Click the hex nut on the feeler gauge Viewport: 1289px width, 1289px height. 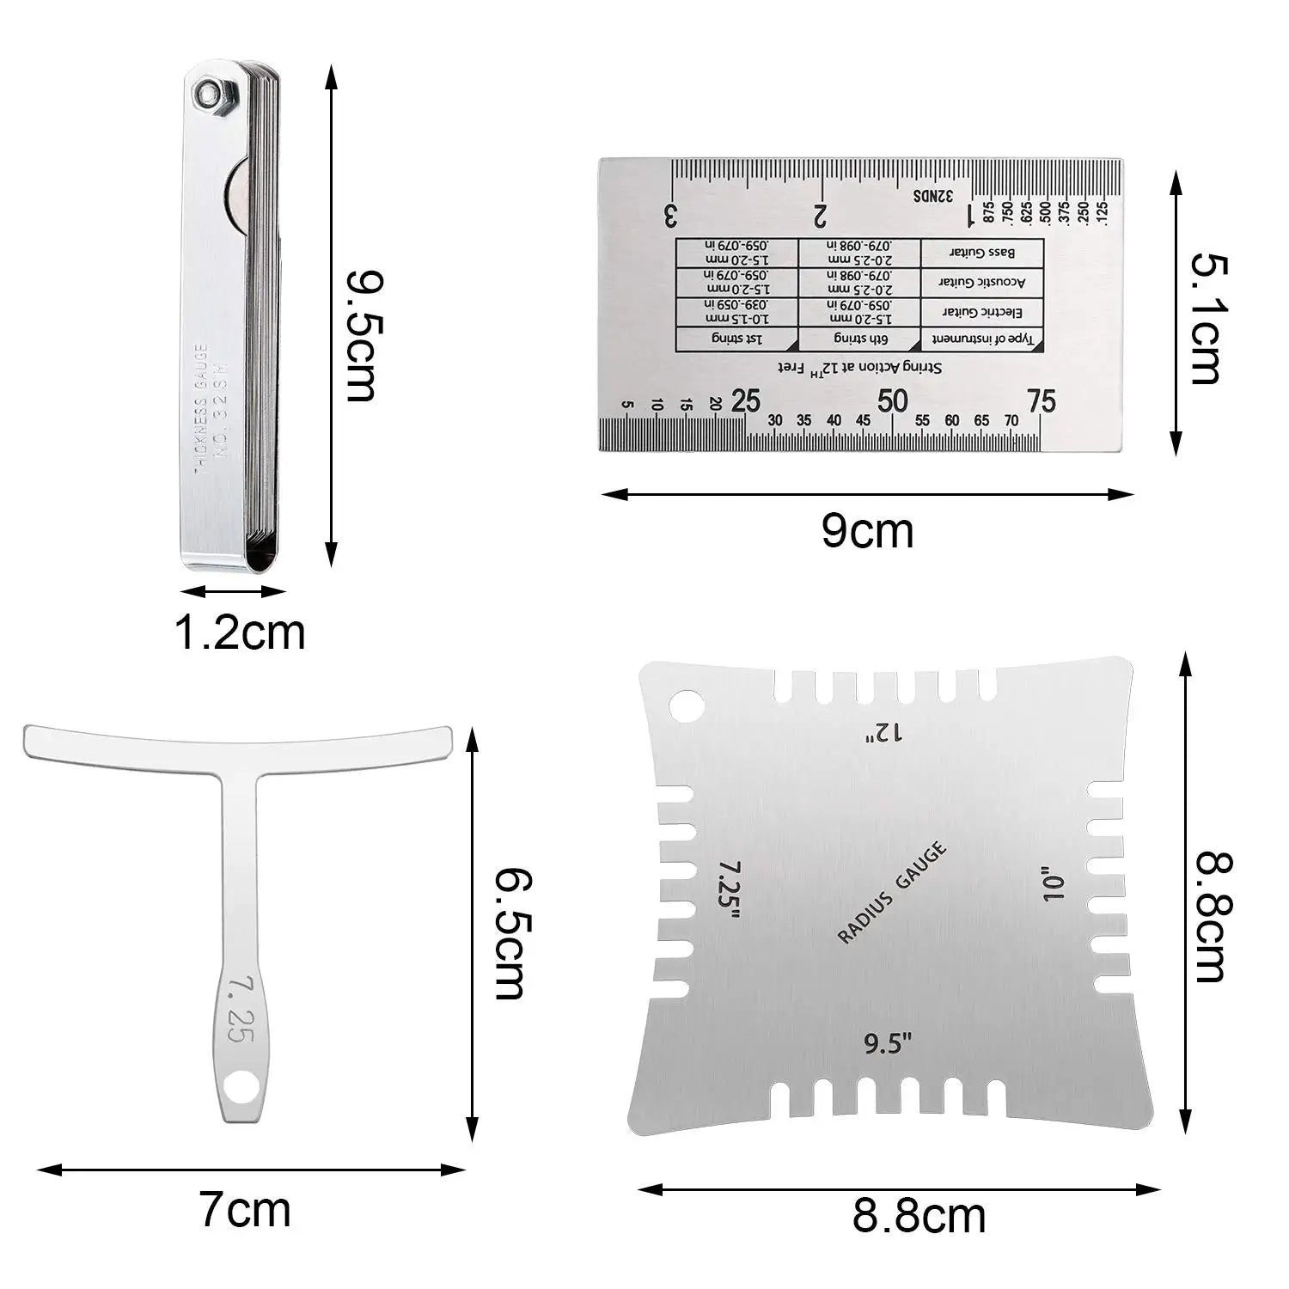pos(209,95)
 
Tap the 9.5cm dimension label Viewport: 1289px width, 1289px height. pos(362,336)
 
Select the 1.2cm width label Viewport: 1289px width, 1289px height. pos(240,632)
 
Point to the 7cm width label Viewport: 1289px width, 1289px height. pos(245,1210)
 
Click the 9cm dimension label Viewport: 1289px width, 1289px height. pos(867,530)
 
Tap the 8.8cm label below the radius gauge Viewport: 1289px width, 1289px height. pos(919,1215)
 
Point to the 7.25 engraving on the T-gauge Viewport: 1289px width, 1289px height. pos(237,1009)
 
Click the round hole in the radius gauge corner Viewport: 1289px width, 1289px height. pos(687,706)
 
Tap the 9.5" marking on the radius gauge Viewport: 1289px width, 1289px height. pos(887,1044)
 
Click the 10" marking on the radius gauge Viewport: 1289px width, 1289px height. pos(1054,883)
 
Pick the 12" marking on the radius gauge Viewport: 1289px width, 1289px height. pos(885,732)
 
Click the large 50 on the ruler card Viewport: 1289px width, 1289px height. pos(893,400)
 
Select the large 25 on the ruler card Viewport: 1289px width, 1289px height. pos(745,400)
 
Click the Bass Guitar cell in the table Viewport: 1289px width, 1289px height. pos(981,253)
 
